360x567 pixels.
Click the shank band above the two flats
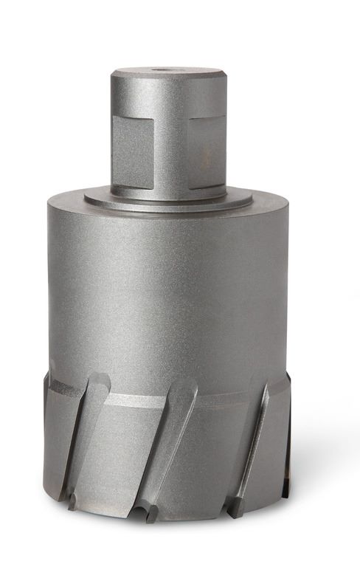click(x=168, y=92)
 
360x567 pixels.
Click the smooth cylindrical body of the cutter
click(x=168, y=295)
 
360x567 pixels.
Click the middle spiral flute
click(x=166, y=443)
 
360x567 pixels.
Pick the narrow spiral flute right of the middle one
click(x=251, y=443)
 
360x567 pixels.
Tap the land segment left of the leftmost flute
click(x=55, y=443)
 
